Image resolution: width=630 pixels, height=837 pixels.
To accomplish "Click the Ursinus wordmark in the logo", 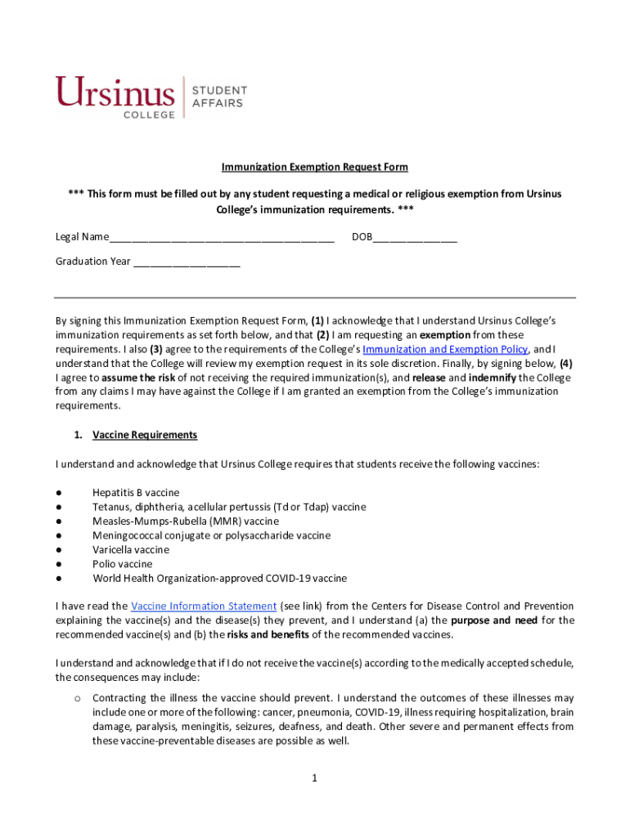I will pos(115,92).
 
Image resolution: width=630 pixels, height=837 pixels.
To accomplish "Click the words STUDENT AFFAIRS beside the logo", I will pos(218,96).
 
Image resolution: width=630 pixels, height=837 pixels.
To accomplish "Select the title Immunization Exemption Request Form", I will pos(314,167).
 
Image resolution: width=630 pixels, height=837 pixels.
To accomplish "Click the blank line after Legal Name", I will pos(222,239).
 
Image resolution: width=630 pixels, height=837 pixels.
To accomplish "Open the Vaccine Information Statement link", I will pos(204,606).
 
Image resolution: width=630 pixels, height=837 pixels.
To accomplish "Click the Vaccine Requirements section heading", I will pos(145,435).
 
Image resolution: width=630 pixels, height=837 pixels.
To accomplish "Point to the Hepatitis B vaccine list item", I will pos(136,493).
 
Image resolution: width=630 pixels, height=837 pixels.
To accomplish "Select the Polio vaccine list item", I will pos(122,564).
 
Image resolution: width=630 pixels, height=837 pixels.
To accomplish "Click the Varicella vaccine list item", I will pos(131,550).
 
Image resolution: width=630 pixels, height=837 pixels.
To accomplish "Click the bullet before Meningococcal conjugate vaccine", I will pos(60,536).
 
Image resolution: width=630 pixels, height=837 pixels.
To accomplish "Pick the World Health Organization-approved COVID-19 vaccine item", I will pos(219,579).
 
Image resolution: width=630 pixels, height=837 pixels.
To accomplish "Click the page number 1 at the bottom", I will pos(314,778).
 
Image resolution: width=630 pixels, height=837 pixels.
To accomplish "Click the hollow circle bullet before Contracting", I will pos(76,698).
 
